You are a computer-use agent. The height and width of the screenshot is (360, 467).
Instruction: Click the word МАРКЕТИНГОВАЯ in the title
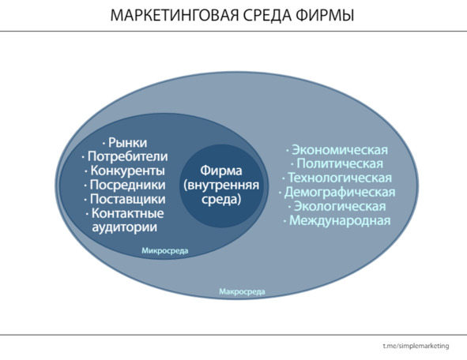175,15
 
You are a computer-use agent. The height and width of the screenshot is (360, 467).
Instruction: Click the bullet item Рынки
125,143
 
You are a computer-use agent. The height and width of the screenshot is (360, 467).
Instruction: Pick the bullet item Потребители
125,156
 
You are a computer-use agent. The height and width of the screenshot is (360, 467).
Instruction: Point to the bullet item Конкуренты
125,171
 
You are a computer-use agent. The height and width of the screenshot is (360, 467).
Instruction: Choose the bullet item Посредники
125,185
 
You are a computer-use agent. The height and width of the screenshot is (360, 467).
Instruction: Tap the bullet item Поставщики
125,199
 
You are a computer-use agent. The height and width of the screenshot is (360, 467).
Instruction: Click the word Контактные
127,213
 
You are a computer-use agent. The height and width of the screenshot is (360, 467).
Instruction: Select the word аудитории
125,227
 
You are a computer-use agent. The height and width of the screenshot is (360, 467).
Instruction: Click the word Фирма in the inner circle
221,171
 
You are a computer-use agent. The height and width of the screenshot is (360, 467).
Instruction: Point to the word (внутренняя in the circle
221,185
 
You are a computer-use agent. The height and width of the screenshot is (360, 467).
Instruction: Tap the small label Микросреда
164,250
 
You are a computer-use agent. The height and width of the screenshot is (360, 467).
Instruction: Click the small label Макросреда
242,291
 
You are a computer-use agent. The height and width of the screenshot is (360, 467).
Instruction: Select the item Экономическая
337,150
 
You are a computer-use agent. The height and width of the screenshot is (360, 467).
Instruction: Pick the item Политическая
337,163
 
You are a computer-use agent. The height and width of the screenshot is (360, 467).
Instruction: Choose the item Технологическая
337,178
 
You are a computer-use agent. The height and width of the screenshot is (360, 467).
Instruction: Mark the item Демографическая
337,192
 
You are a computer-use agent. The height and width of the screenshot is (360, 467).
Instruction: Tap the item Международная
337,221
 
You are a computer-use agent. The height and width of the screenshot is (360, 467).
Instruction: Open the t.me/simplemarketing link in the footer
416,346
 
